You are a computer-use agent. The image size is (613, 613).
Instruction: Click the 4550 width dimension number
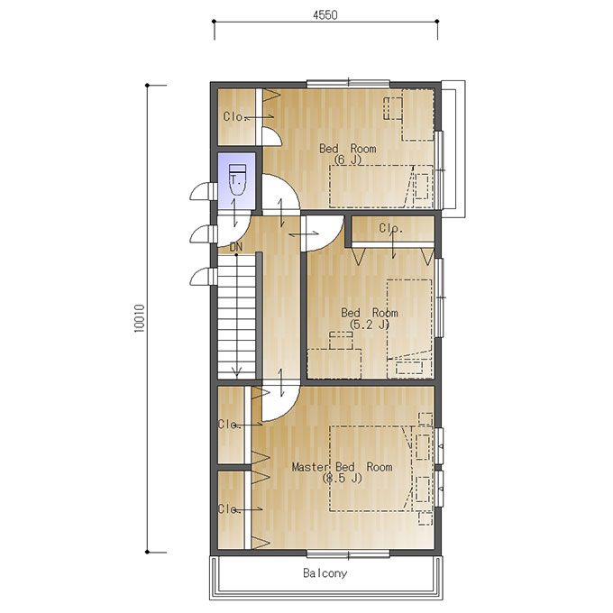point(325,14)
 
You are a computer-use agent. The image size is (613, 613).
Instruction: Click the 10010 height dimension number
point(139,318)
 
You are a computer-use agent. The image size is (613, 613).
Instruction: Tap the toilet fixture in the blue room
point(237,179)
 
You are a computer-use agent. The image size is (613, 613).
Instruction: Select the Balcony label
point(325,573)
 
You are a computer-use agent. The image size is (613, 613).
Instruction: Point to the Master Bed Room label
point(342,467)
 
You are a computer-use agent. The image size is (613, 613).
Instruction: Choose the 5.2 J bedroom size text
point(370,325)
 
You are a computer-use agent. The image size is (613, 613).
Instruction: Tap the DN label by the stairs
point(236,247)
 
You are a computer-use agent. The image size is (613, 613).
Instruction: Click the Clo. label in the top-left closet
point(235,116)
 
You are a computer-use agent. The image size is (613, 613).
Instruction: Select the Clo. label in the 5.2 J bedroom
point(391,227)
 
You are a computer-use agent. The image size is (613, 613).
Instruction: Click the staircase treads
point(236,316)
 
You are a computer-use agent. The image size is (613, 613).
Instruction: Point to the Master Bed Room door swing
point(280,403)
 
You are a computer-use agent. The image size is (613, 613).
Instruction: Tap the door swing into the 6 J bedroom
point(280,192)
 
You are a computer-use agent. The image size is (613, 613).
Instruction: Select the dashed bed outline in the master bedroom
point(371,469)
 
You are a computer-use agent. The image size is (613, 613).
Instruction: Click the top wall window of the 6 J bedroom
point(348,83)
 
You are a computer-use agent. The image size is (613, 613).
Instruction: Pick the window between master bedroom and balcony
point(348,554)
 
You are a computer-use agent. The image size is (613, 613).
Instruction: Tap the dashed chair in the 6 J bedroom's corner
point(393,108)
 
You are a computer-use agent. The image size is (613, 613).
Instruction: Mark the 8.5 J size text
point(343,478)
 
